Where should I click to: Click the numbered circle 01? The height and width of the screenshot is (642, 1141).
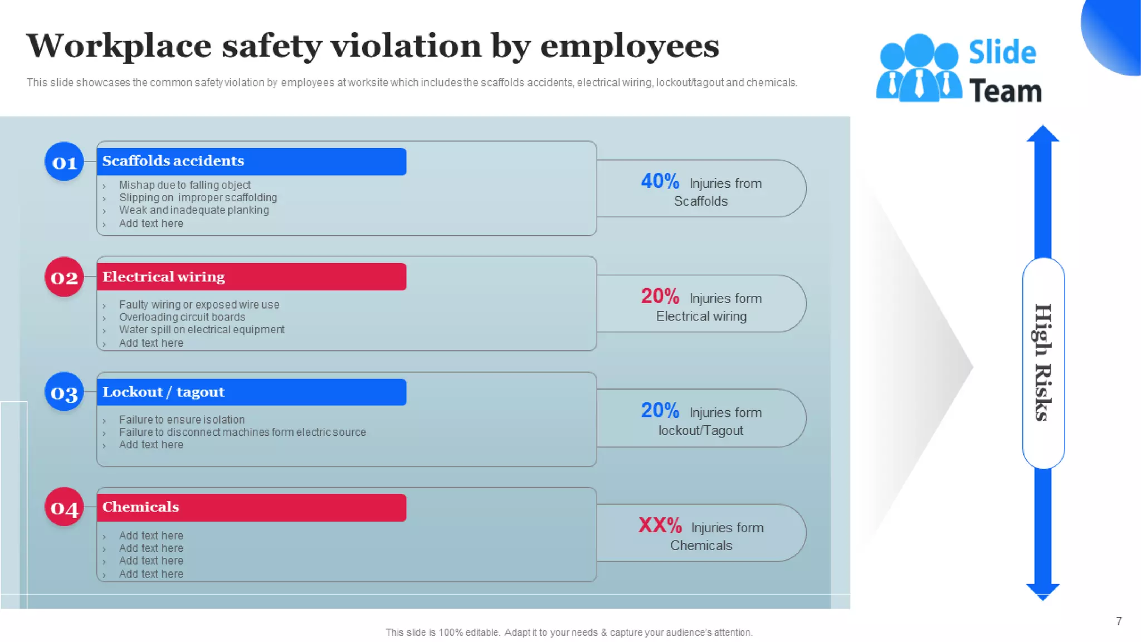tap(64, 162)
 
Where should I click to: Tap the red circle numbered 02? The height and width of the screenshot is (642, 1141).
tap(64, 277)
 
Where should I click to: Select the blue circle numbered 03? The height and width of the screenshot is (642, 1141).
tap(64, 392)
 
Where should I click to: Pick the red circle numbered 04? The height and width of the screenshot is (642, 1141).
tap(64, 507)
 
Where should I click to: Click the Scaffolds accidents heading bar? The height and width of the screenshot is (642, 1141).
tap(251, 161)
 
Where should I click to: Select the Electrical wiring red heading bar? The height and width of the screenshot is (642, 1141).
tap(251, 276)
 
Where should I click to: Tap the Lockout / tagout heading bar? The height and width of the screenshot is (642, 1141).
tap(251, 392)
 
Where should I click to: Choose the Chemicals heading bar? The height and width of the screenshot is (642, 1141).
tap(251, 507)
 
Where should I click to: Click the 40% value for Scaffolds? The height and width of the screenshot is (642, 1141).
tap(660, 181)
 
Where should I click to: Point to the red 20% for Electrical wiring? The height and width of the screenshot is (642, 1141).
tap(660, 296)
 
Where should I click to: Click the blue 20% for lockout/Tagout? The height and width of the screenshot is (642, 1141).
tap(660, 411)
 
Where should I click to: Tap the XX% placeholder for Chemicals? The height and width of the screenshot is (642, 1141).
tap(660, 525)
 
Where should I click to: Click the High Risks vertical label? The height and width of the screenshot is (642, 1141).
tap(1043, 363)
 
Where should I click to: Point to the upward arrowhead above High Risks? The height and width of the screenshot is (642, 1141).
tap(1042, 134)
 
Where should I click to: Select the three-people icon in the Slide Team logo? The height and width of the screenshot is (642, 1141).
tap(919, 69)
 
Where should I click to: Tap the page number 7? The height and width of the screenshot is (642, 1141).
tap(1119, 621)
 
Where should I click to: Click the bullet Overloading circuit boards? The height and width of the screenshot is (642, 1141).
tap(182, 317)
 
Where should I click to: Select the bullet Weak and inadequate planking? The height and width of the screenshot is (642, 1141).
tap(194, 210)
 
